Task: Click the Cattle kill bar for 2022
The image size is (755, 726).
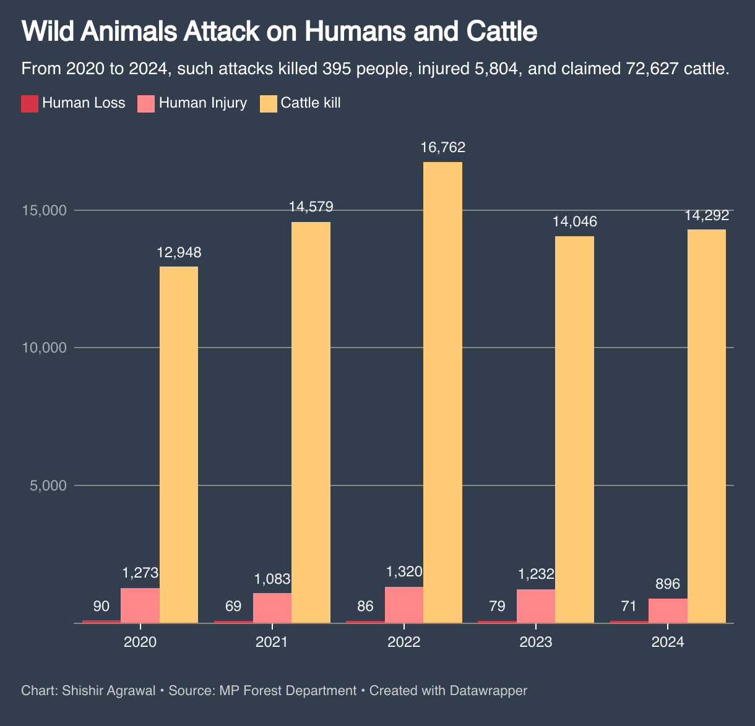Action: (x=442, y=392)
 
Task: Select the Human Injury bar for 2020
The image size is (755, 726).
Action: (x=140, y=605)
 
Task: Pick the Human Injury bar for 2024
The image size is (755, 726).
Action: (x=668, y=610)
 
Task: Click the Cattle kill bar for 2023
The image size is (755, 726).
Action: (x=574, y=429)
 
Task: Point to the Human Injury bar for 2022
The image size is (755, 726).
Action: (x=404, y=605)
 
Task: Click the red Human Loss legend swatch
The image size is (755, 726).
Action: (x=30, y=103)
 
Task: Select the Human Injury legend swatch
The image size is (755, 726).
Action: (x=146, y=103)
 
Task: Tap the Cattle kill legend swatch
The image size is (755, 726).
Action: (x=268, y=103)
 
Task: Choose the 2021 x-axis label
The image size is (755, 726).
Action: (x=272, y=642)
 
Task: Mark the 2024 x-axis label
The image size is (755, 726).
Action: (x=668, y=642)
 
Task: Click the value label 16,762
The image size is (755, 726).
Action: (x=442, y=148)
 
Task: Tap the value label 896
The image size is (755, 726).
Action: (x=668, y=584)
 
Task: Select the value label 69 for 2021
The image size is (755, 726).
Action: (x=233, y=606)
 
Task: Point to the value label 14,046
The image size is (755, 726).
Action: (x=574, y=222)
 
